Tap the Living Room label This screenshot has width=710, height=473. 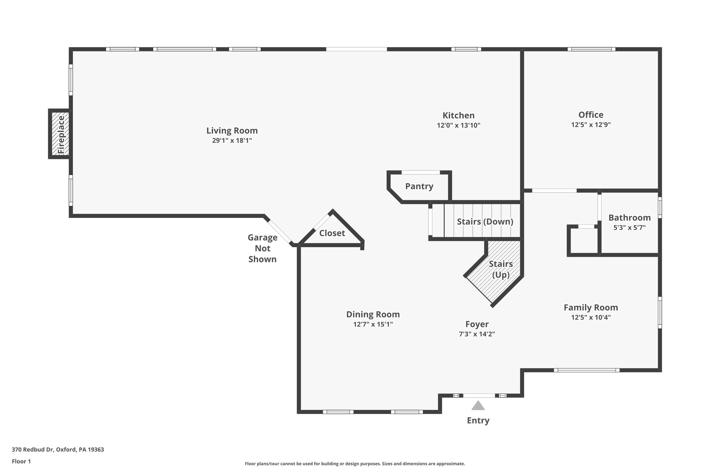(232, 131)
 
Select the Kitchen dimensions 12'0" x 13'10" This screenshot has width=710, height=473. (458, 125)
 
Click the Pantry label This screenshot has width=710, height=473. (419, 186)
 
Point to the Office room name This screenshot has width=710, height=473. (591, 115)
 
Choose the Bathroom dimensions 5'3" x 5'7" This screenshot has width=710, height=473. (629, 228)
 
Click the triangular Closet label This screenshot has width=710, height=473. (332, 233)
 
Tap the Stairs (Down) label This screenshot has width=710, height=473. (485, 222)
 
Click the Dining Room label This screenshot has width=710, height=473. (373, 314)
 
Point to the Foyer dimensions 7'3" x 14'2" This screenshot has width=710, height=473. (477, 334)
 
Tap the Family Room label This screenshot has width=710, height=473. (590, 307)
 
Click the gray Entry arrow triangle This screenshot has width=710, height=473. (478, 406)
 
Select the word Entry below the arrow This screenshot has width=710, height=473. (478, 420)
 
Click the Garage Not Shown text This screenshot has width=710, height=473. (262, 248)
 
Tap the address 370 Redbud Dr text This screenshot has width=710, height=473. (58, 450)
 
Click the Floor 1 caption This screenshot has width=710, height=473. (21, 461)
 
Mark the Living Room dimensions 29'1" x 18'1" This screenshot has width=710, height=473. (232, 141)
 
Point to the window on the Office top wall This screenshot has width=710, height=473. (591, 49)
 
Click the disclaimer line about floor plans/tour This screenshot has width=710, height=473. (355, 464)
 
